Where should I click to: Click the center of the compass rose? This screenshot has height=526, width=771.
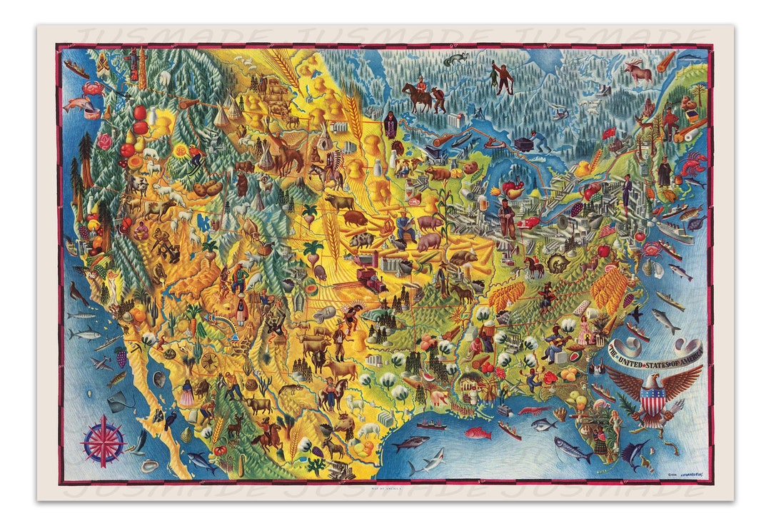click(103, 440)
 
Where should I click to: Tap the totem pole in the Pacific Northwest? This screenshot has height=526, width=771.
click(142, 69)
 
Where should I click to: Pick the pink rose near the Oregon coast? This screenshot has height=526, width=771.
click(106, 141)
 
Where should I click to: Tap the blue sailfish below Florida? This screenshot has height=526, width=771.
click(634, 450)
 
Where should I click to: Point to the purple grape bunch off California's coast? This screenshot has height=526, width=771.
click(121, 356)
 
